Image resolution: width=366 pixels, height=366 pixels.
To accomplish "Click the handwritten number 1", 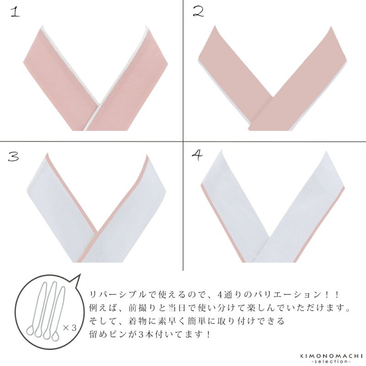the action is coord(15,12).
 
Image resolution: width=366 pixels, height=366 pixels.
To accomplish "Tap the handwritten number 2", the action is coord(199,12).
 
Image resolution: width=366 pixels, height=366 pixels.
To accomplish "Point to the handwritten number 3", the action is coord(13,156).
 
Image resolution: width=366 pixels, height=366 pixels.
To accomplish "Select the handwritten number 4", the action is coord(198,155).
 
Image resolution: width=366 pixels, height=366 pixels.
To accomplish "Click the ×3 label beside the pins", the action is coord(70,328).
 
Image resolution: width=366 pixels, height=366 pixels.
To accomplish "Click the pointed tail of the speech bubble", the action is coord(80,275).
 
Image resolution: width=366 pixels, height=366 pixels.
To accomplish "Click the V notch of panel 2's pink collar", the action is coord(273,97).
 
